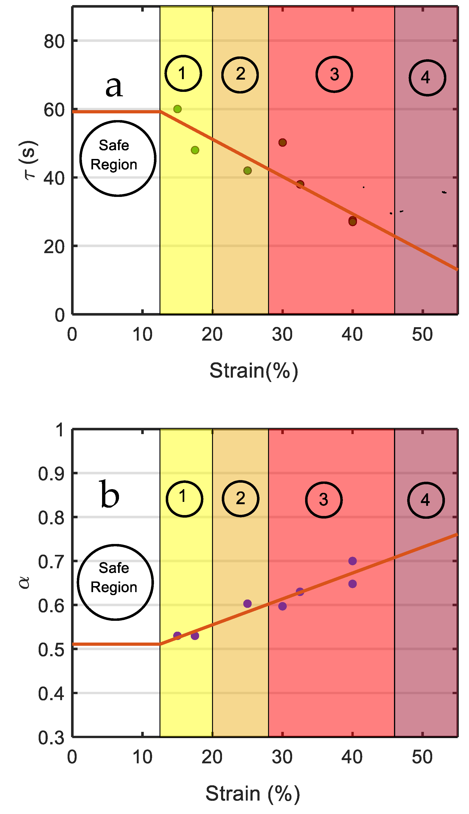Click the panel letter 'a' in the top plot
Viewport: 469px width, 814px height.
click(x=114, y=87)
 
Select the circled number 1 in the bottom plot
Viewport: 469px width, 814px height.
click(x=184, y=499)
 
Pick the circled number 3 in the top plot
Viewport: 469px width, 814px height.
click(x=334, y=74)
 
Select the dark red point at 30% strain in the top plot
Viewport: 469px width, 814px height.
click(x=282, y=143)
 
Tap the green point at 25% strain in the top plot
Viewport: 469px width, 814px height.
click(x=247, y=171)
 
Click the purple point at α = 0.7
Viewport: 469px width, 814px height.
click(x=352, y=561)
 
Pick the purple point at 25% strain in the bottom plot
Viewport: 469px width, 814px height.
click(x=247, y=603)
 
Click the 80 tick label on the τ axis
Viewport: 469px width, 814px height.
click(x=54, y=41)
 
